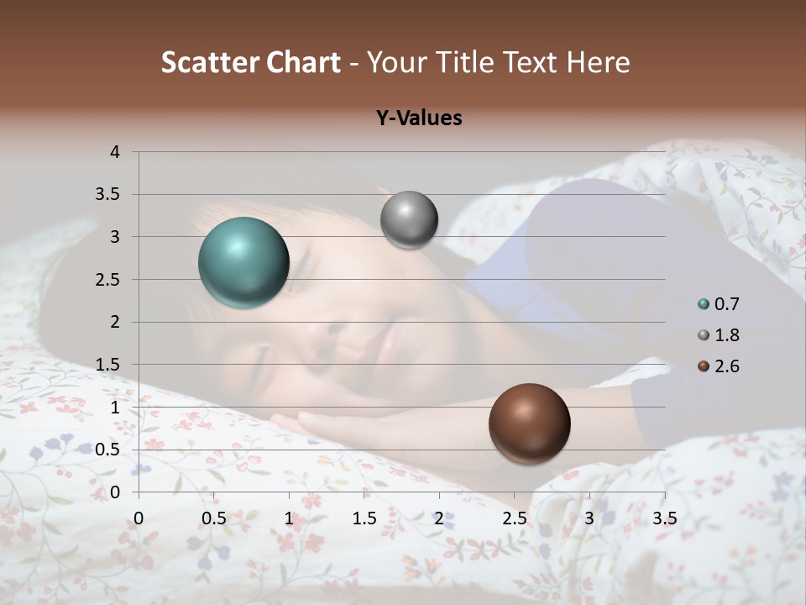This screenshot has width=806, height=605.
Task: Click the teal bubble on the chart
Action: point(243,262)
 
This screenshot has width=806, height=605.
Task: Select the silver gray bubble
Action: point(409,220)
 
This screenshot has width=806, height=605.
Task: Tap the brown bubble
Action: point(529,423)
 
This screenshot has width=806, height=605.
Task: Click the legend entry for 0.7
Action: point(719,304)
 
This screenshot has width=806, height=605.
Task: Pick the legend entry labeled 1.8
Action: point(719,335)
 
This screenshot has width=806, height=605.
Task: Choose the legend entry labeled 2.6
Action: point(719,366)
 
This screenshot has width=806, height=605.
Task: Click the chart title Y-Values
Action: point(418,118)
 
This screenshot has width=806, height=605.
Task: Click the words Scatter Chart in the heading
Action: point(251,62)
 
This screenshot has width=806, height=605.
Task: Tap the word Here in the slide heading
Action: point(598,62)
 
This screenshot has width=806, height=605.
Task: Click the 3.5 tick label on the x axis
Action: point(664,518)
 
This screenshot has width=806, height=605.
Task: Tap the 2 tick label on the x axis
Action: point(439,518)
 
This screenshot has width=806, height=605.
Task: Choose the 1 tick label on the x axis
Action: point(289,518)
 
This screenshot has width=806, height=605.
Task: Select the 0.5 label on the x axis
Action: point(213,518)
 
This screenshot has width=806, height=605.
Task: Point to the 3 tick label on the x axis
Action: point(589,518)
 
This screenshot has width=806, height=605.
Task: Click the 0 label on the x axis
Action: point(139,518)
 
